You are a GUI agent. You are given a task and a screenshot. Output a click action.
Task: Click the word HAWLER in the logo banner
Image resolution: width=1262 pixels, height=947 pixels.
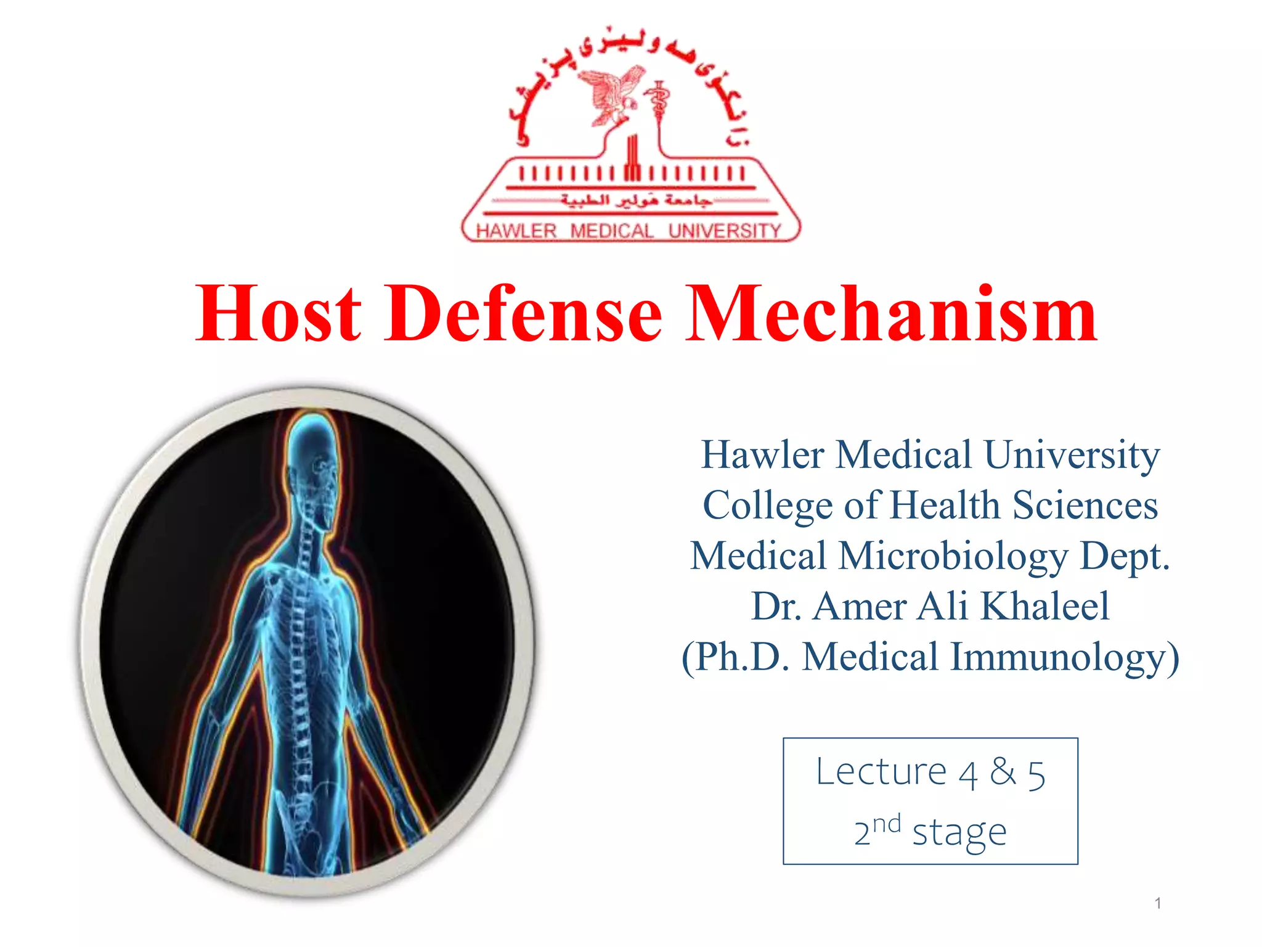(516, 231)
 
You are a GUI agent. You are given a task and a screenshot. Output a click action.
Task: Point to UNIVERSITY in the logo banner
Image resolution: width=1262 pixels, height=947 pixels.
(725, 231)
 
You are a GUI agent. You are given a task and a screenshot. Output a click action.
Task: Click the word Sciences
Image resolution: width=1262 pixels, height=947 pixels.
(1085, 505)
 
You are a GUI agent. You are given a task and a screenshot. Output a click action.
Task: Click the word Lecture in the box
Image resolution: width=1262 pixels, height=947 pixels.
(881, 771)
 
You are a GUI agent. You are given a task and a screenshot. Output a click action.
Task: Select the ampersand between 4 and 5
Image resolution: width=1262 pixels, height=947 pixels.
(1003, 771)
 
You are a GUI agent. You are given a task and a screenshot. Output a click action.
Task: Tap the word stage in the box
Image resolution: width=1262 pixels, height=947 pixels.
(959, 832)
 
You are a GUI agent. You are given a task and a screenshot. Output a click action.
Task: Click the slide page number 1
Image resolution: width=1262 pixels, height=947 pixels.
(1158, 903)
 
